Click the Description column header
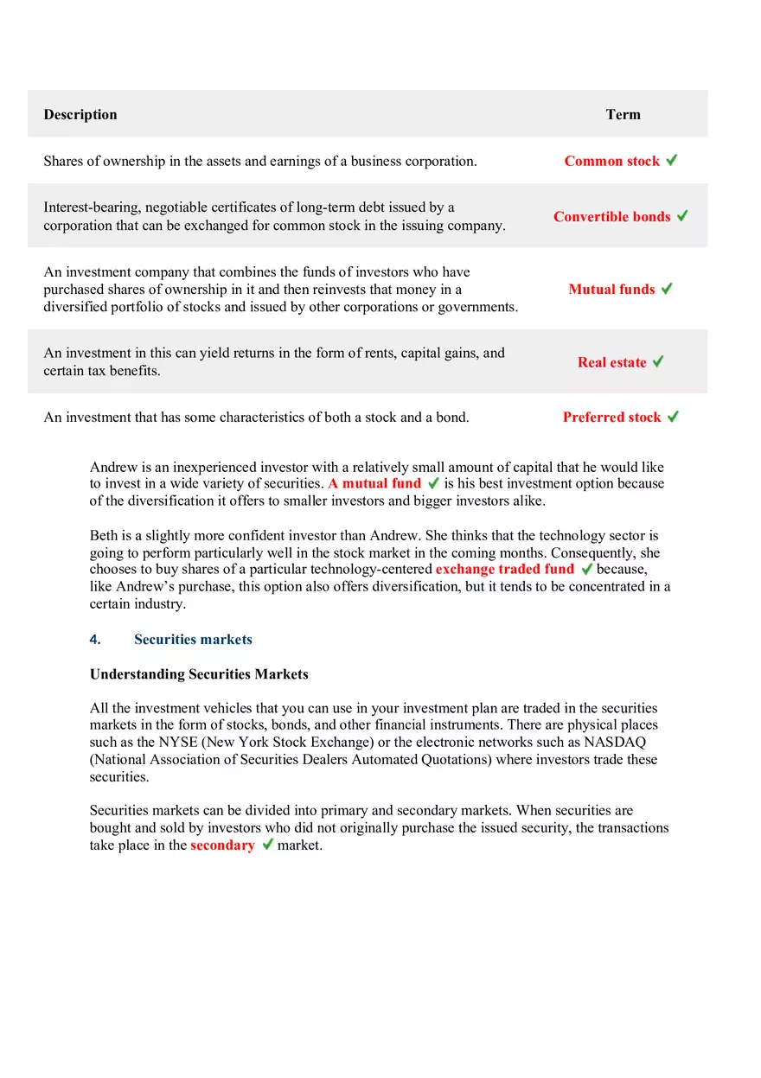80,114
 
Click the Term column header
623,114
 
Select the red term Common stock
611,161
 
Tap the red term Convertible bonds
611,216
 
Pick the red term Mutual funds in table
611,289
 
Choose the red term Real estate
611,362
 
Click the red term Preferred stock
611,417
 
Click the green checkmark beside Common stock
672,160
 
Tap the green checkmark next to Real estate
658,361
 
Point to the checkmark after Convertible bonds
682,215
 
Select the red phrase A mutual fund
374,483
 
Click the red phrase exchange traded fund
504,569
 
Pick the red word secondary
222,845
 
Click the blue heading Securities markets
193,639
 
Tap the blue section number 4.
95,639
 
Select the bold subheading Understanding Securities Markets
199,673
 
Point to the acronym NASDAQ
615,742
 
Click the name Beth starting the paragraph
103,535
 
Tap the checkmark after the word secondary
267,844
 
